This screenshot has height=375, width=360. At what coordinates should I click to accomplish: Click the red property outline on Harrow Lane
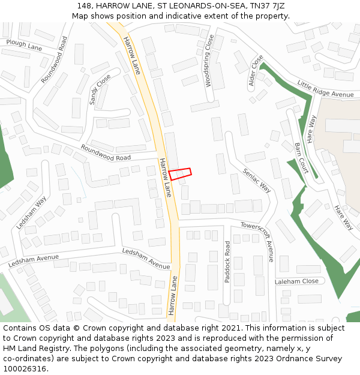pyautogui.click(x=180, y=173)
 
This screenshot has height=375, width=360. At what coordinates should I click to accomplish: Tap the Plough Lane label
pyautogui.click(x=24, y=44)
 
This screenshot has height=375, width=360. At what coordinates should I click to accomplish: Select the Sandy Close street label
pyautogui.click(x=100, y=89)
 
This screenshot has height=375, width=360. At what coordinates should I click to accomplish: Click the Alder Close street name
pyautogui.click(x=256, y=72)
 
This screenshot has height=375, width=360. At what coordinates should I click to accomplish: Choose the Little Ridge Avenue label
pyautogui.click(x=326, y=90)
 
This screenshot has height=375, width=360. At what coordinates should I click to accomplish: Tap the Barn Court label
pyautogui.click(x=301, y=158)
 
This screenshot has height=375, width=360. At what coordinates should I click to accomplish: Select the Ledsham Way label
pyautogui.click(x=31, y=213)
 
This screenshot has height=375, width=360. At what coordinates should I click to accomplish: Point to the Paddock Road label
pyautogui.click(x=227, y=262)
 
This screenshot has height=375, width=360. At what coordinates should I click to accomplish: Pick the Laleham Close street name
pyautogui.click(x=296, y=281)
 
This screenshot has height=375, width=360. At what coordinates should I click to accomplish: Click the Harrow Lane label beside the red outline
pyautogui.click(x=165, y=178)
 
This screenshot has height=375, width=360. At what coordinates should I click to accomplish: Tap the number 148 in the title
pyautogui.click(x=83, y=6)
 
